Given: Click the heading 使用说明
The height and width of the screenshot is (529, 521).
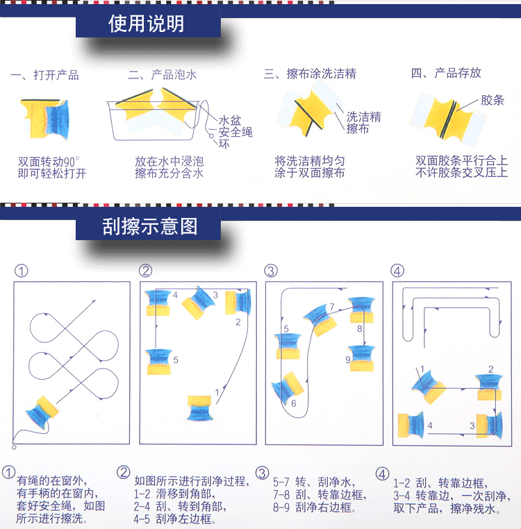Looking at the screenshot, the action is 146,24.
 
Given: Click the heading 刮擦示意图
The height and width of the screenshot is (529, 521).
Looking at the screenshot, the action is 150,226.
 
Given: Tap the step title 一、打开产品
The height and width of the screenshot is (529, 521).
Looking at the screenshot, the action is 45,75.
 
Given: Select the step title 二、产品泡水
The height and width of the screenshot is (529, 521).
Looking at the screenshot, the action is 163,74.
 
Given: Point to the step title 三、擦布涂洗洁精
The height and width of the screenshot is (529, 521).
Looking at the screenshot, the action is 310,74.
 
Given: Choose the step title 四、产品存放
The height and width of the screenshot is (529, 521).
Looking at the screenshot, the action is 446,73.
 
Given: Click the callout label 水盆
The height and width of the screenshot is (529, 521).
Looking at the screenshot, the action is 230,120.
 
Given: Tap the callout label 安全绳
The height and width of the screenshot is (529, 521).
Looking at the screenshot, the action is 235,132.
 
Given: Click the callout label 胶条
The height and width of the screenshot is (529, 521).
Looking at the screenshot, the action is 493,100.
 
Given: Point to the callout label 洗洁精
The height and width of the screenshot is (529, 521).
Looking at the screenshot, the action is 363,117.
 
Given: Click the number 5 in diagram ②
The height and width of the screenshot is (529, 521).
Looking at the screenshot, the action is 176,360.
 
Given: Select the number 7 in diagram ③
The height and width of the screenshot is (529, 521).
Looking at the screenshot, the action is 332,307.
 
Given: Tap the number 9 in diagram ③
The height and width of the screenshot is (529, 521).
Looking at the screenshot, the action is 348,360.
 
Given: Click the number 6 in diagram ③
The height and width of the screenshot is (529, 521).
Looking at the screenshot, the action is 293,403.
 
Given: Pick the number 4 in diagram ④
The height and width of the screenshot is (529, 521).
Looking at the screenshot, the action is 430,426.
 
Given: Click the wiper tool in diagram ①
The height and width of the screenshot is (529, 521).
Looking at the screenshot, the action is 42,412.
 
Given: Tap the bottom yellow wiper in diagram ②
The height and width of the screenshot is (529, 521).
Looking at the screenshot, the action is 199,408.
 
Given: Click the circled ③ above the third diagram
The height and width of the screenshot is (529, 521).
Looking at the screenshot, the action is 271,271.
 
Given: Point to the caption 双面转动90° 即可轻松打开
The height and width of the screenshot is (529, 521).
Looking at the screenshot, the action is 52,167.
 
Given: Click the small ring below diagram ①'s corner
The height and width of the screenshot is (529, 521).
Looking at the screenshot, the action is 14,447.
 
